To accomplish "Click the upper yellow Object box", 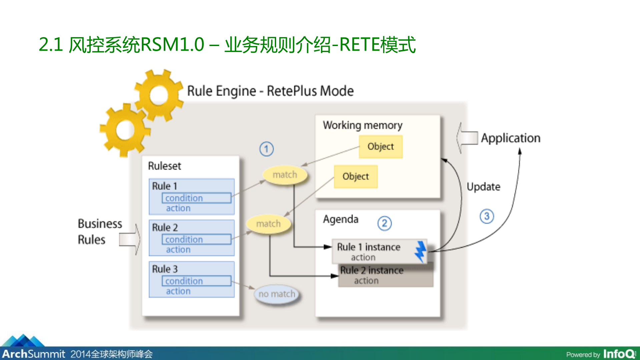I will (x=381, y=146).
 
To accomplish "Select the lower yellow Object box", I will (x=356, y=176).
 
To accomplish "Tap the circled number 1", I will (x=266, y=149).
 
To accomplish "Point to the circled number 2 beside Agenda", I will (x=384, y=223).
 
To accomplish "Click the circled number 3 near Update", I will (x=486, y=216).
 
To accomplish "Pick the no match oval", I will (x=277, y=294).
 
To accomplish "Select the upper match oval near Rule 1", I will (x=284, y=175).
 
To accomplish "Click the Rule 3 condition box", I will (x=196, y=281).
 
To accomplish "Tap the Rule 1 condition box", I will (x=196, y=198).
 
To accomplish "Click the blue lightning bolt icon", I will (x=421, y=251).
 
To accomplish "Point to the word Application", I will (x=510, y=138).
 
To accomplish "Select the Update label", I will (x=483, y=187).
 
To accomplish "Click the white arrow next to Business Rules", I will (x=130, y=239).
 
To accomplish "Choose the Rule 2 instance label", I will (x=372, y=270).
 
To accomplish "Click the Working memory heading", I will (x=362, y=125).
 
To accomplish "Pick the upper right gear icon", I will (x=159, y=96).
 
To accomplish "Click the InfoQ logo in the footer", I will (x=619, y=354).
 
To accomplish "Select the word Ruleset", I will (x=164, y=166).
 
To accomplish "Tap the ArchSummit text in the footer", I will (x=33, y=354).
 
